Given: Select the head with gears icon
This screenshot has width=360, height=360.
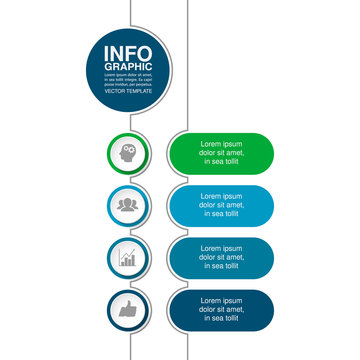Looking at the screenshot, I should point(127,153).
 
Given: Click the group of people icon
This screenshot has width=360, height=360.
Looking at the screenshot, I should point(127,205).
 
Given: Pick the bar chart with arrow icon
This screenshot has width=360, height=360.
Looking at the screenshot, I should point(127,257).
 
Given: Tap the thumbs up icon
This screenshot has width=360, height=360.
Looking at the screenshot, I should point(127,310).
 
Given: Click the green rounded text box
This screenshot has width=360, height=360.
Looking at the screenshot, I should point(221,153).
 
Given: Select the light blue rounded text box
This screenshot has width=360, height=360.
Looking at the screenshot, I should point(221,205).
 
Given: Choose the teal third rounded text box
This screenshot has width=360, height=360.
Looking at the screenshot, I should point(221,258).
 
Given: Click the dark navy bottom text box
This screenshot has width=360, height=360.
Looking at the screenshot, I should point(221,310).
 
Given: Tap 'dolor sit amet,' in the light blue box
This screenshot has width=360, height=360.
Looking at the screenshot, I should point(221,205).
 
